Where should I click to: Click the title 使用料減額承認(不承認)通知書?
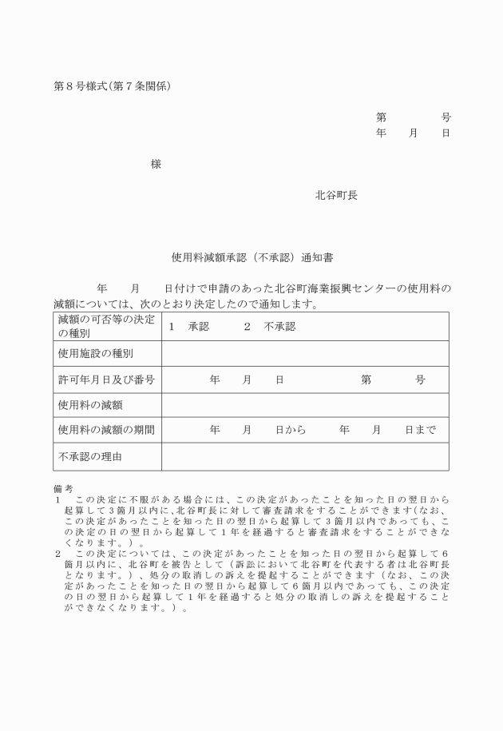252,258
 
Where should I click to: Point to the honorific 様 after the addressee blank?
156,164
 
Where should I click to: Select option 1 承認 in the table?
188,327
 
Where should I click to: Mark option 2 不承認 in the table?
270,327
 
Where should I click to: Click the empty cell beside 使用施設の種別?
304,352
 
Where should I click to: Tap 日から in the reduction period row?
291,430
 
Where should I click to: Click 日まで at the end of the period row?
420,430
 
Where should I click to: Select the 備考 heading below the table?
63,487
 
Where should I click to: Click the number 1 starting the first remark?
57,499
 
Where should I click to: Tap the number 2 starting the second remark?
57,552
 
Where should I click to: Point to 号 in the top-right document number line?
446,117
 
